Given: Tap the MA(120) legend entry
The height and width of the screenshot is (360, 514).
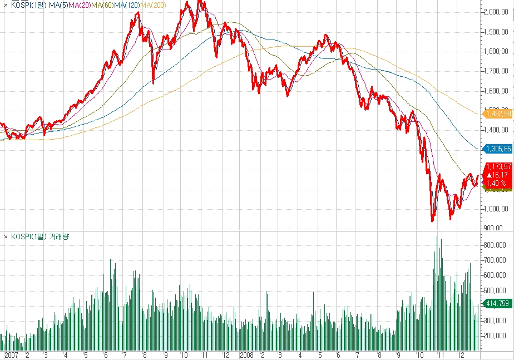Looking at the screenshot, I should pos(127,4).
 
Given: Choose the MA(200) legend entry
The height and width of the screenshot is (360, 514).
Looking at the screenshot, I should pos(153,4).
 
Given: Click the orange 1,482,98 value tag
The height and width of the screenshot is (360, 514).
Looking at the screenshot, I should pos(498,114).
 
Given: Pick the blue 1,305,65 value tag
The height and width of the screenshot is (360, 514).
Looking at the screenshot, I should pos(498,149).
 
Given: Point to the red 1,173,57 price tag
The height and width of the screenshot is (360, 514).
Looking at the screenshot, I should pos(498,166).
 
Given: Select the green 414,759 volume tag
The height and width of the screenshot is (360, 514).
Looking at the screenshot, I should pos(498,304).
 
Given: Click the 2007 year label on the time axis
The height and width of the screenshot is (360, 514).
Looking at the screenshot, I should pos(11,354).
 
